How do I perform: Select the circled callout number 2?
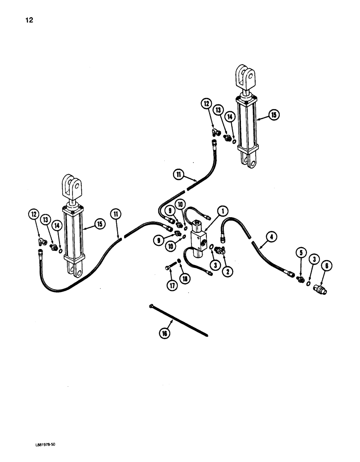pyautogui.click(x=227, y=271)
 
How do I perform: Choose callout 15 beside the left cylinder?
pyautogui.click(x=100, y=224)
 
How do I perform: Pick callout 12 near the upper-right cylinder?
pyautogui.click(x=206, y=104)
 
